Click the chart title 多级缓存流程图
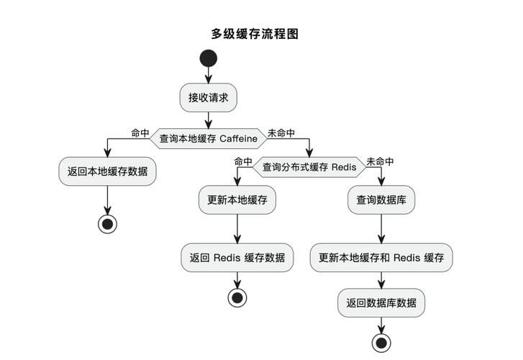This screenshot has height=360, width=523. coord(254,33)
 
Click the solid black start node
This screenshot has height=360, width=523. coord(208,58)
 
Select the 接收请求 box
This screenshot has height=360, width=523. coord(208,98)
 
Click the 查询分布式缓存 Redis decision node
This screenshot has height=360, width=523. coord(309,167)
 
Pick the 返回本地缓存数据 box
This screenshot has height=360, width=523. coord(107,171)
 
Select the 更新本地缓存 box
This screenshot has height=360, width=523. coord(237,200)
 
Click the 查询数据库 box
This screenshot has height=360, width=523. coord(381,200)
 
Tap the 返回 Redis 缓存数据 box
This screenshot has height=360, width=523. coord(237,258)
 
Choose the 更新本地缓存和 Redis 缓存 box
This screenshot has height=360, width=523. coord(381,258)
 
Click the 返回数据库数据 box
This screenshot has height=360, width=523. coord(381,303)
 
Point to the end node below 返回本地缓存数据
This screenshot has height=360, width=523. coord(107,224)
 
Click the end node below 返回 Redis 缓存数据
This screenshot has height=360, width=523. coord(237,297)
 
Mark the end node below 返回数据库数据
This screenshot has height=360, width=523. coord(381,342)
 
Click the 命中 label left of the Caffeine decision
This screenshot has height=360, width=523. coord(140,133)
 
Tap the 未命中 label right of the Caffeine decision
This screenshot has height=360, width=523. coord(281,133)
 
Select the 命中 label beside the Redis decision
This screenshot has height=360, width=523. coord(243,162)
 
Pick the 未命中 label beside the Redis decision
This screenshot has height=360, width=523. coord(380,162)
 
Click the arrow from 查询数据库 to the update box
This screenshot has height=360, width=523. coord(381,229)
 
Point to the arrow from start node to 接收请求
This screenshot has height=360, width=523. coord(208,76)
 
